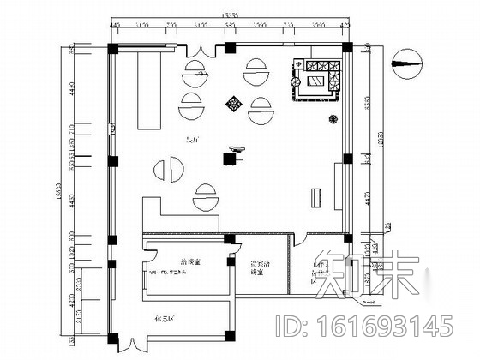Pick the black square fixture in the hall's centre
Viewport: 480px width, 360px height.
(x=231, y=157)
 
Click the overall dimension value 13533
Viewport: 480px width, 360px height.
(x=231, y=14)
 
